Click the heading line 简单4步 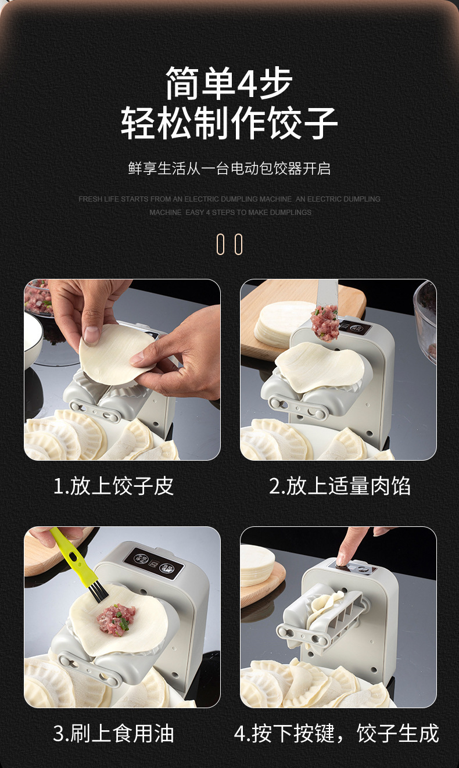pos(229,83)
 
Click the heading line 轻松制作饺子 pos(229,123)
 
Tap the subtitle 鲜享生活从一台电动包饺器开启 pos(229,168)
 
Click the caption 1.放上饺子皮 pos(113,486)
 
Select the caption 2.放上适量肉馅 pos(339,486)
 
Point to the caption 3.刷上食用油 pos(113,733)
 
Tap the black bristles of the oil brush pos(96,590)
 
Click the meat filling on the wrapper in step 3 pos(116,619)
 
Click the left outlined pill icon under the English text pos(220,245)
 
